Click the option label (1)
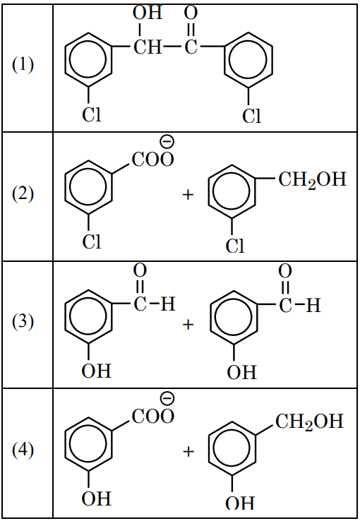tap(23, 64)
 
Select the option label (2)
tap(23, 193)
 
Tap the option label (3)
tap(23, 322)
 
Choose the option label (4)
tap(23, 450)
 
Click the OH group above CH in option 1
tap(148, 13)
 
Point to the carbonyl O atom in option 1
tap(191, 13)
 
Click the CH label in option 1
tap(148, 47)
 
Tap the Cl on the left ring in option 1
tap(91, 114)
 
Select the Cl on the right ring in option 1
tap(251, 116)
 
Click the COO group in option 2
tap(152, 159)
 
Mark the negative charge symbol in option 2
tap(167, 142)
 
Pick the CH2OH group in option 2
tap(312, 180)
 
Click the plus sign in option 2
tap(188, 194)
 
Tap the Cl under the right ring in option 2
tap(235, 246)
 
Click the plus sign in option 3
tap(188, 324)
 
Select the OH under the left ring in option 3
tap(96, 371)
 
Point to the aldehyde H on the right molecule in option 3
tap(313, 305)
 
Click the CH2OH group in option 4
tap(309, 421)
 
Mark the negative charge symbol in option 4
tap(167, 398)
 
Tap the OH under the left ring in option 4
tap(96, 498)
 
